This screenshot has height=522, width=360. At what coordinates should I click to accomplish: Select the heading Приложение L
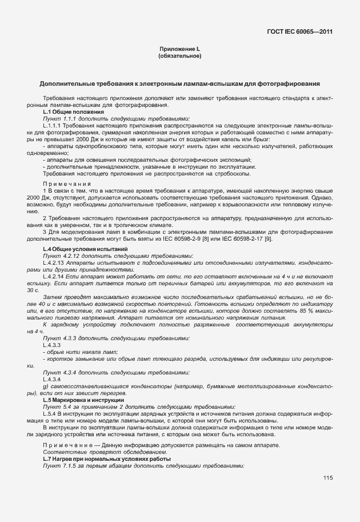(179, 50)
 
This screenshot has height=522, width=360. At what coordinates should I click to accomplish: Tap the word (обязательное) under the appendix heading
(179, 56)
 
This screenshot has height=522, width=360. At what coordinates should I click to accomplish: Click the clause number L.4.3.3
(51, 345)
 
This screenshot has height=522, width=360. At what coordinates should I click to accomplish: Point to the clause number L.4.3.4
(51, 380)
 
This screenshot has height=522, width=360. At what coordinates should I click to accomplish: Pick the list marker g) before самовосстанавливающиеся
(45, 387)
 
